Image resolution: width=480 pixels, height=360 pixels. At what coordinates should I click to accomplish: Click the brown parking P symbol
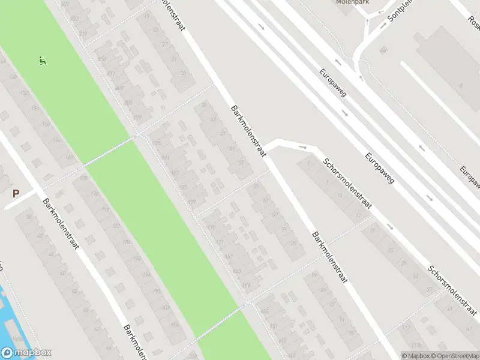coord(16,193)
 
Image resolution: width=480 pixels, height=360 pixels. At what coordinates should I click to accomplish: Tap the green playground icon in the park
coord(43,60)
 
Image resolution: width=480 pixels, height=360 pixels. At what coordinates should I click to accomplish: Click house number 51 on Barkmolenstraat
coord(233,149)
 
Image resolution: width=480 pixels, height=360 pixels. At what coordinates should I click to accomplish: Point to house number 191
coord(164,158)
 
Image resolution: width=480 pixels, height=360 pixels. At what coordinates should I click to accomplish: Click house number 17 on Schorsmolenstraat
coord(359,215)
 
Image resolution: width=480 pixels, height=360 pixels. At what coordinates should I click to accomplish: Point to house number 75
coord(293,244)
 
